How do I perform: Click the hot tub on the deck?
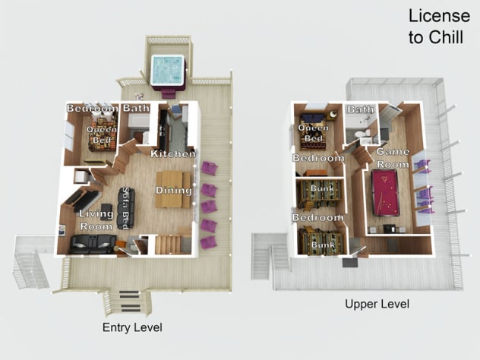tap(168, 71)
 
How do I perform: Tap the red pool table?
tap(386, 193)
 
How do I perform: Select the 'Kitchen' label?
tap(173, 153)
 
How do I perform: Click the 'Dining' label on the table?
tap(174, 190)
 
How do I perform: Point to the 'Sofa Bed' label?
tap(125, 208)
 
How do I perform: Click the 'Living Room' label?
tap(96, 220)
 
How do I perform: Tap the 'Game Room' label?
tap(393, 158)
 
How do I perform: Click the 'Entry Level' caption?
tap(132, 327)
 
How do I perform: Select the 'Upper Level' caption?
tap(377, 304)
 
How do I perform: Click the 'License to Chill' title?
tap(439, 27)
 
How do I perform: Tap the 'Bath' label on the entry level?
tap(136, 108)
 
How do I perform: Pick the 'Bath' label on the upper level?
tap(361, 109)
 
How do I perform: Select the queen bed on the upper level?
tap(313, 131)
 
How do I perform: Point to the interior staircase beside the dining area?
tap(167, 244)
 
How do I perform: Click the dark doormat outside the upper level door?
tap(350, 263)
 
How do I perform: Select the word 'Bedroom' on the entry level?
tap(93, 108)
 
